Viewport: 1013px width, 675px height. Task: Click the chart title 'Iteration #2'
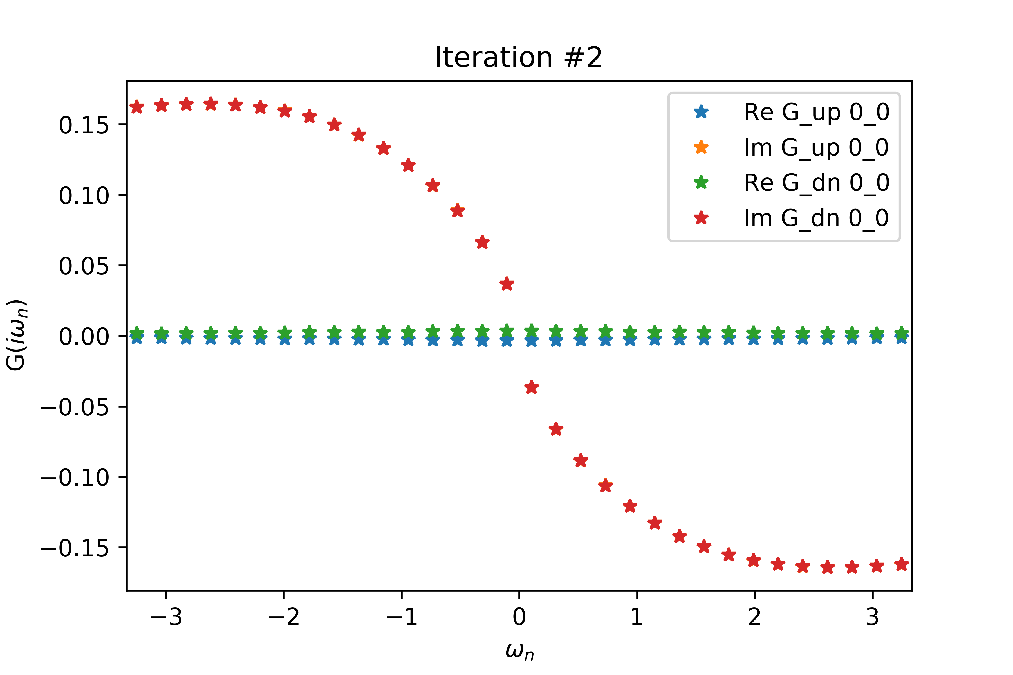point(519,58)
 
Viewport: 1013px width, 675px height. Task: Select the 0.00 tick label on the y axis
point(84,337)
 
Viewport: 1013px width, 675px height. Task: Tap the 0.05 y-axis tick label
point(84,266)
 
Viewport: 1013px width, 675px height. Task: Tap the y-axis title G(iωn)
point(16,335)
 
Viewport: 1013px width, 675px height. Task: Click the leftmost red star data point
point(136,107)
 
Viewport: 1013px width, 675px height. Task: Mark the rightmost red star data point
point(902,564)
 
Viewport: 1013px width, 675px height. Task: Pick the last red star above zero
point(507,284)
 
